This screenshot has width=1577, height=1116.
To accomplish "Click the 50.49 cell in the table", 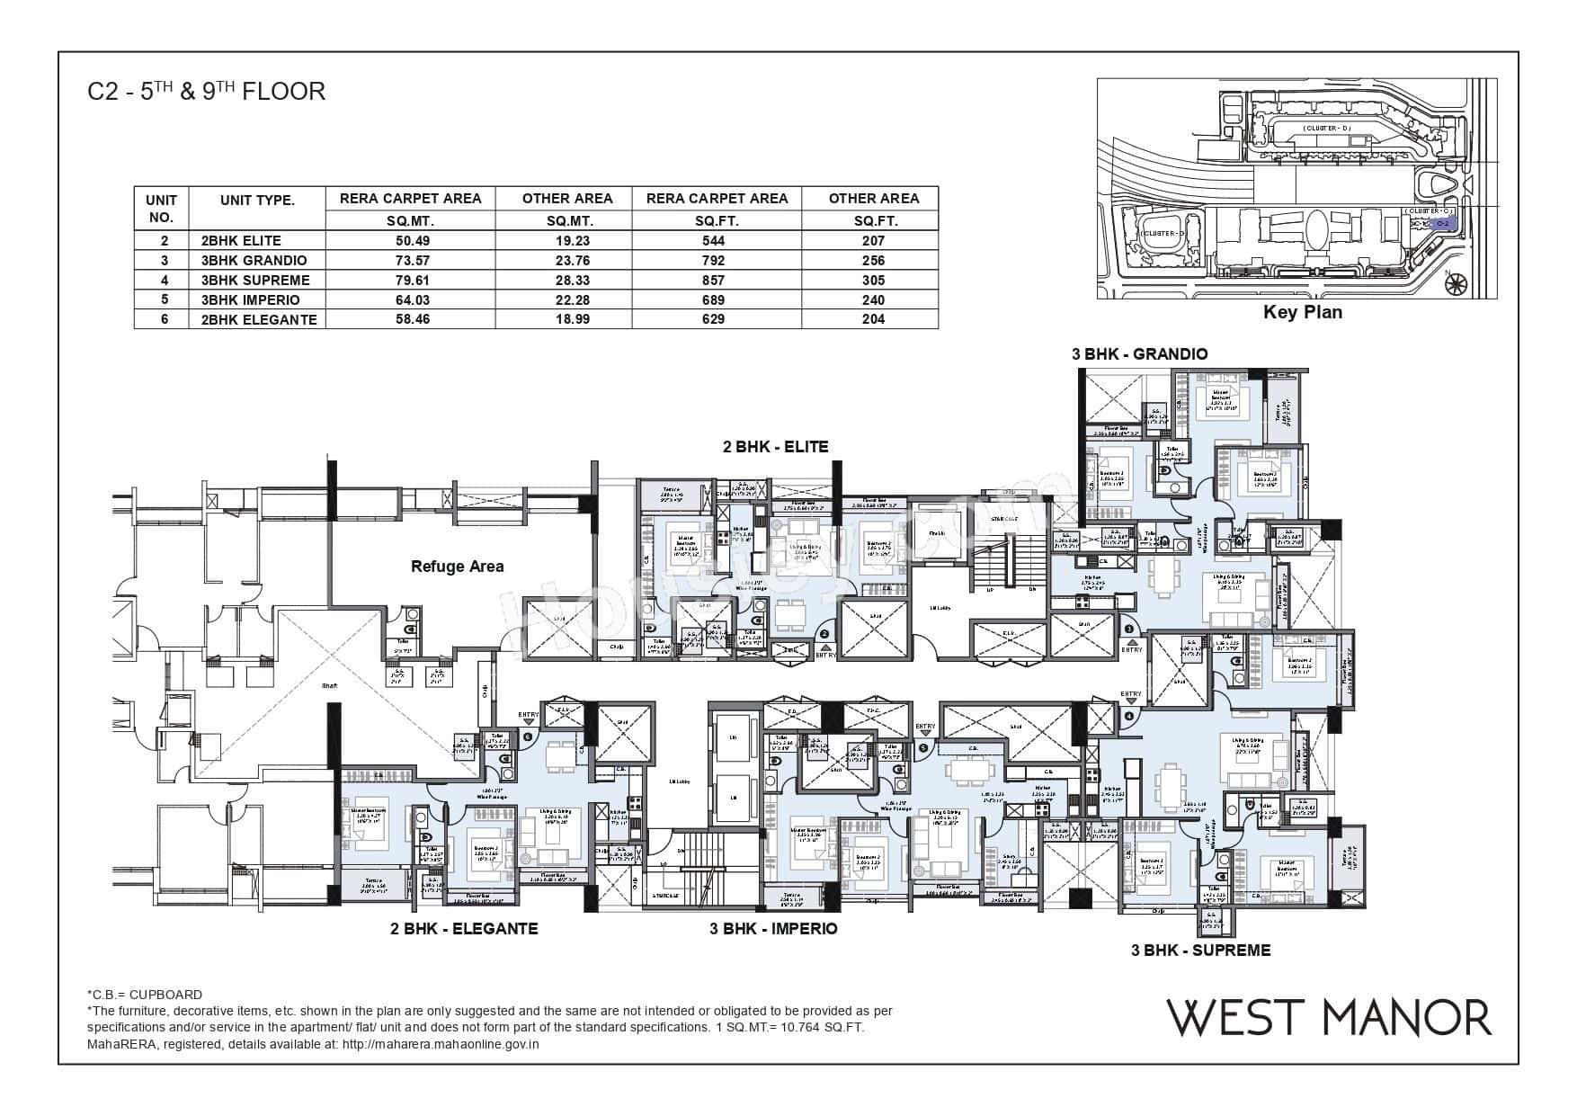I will point(410,241).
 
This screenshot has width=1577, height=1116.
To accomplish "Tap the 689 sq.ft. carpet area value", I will point(717,299).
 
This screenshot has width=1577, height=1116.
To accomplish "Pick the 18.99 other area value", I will point(566,319).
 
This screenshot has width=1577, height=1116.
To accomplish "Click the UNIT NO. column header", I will point(161,208).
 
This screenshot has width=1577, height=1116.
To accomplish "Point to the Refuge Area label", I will point(457,567).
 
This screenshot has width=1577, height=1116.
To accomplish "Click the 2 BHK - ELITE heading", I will point(775,446).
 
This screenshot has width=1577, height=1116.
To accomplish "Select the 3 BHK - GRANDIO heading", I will point(1139,354).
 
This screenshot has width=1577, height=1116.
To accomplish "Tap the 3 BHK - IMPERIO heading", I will point(773,928).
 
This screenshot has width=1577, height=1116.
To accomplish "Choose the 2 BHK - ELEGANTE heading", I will point(464,928).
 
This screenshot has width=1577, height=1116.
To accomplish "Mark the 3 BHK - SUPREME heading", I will point(1200,950).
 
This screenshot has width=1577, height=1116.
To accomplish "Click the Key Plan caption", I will point(1302,313).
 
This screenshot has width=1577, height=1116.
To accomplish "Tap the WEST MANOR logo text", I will point(1329,1018).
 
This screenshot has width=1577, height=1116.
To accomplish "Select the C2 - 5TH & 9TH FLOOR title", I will point(206,92).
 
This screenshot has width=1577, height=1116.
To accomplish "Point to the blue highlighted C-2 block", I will point(1441,223).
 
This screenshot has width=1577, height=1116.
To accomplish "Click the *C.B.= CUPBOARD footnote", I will point(144,995).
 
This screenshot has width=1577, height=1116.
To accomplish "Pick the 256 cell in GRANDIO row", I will point(872,261).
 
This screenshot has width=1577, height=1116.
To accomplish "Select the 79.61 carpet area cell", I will point(410,280).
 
